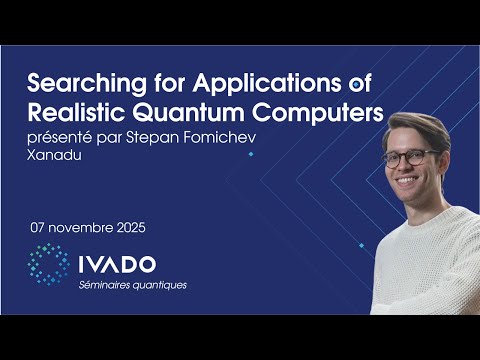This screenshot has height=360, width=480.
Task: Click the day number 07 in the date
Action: pos(40,227)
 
